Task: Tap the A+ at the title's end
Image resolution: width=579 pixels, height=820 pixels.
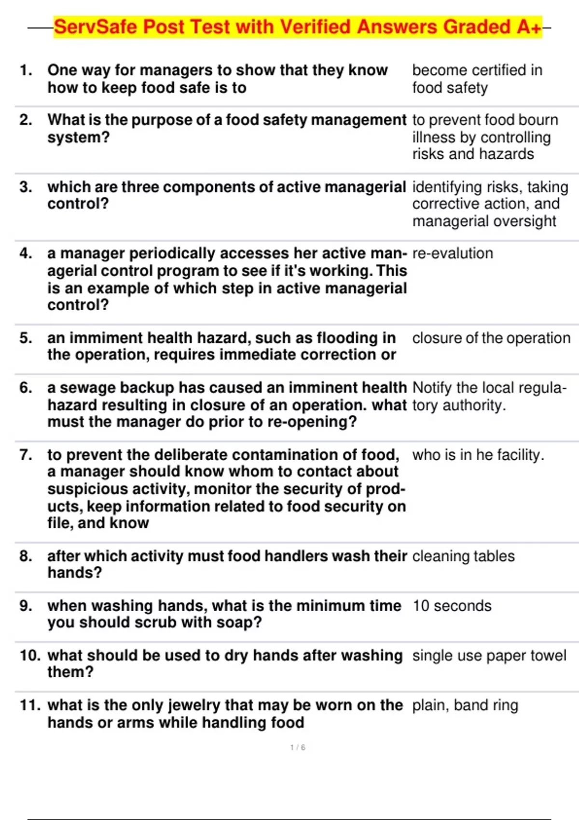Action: point(529,27)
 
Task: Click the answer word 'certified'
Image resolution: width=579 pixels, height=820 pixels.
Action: point(496,70)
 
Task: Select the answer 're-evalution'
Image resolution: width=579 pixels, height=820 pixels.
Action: point(453,254)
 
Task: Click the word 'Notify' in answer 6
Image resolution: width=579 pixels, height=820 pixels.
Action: point(432,388)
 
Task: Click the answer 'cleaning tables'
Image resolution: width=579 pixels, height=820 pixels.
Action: point(463,556)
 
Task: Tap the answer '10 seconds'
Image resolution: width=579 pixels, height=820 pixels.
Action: point(452,606)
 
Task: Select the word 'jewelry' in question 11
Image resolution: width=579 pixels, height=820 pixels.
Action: point(194,706)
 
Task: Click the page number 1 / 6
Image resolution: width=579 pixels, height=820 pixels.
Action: point(298,748)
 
